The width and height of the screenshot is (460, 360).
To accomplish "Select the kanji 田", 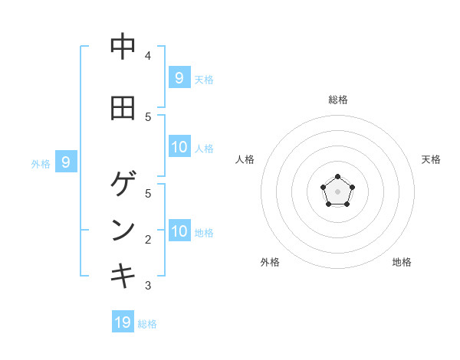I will [x=123, y=108].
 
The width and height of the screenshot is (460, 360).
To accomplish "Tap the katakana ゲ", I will [x=123, y=184].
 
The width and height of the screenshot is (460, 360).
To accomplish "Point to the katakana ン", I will [x=123, y=230].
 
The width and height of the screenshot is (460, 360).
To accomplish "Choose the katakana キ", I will [x=123, y=275].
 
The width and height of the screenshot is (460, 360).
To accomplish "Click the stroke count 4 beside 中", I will [x=148, y=55].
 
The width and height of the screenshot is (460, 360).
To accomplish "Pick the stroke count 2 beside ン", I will [x=148, y=240].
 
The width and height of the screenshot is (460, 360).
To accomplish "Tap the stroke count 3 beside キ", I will [x=148, y=286].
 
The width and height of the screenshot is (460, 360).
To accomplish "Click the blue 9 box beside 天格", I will [x=179, y=77].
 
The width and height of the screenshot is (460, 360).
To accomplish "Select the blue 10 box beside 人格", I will [x=179, y=147].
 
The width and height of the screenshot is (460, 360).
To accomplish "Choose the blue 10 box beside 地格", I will [x=179, y=231].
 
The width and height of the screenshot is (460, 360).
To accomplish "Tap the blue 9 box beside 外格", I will [x=66, y=162].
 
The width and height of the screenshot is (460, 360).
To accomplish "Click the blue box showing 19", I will [x=123, y=322].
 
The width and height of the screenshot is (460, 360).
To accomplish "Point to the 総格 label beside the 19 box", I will [x=147, y=324].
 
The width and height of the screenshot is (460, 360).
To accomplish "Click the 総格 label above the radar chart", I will [x=337, y=100].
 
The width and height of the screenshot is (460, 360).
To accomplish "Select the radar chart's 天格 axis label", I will [x=431, y=159].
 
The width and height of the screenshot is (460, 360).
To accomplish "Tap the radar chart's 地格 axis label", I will [x=402, y=262].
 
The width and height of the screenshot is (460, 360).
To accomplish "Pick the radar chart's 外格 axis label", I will [x=270, y=262].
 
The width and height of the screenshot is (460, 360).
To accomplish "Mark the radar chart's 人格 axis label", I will [x=245, y=159].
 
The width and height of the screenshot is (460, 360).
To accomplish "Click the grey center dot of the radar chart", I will [x=337, y=191].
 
